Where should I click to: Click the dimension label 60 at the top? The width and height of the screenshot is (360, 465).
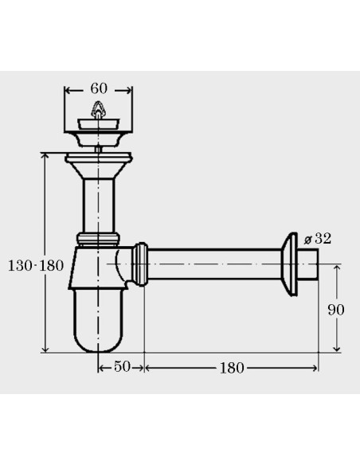99,88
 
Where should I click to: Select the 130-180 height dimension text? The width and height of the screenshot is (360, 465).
36,265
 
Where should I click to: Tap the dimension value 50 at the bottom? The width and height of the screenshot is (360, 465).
121,367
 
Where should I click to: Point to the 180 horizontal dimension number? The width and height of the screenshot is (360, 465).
230,367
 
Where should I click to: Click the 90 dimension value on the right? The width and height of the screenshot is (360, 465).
336,309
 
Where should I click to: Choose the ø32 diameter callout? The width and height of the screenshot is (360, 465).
319,238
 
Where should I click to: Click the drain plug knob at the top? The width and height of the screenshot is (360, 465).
99,111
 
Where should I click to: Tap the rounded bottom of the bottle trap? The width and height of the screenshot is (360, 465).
100,338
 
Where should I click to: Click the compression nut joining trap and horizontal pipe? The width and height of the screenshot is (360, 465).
141,263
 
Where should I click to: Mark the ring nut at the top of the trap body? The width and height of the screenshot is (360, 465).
100,238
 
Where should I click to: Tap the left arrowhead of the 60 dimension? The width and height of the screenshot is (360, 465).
67,90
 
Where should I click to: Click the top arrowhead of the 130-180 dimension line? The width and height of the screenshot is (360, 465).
45,156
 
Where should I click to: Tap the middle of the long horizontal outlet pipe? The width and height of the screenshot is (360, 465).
215,263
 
